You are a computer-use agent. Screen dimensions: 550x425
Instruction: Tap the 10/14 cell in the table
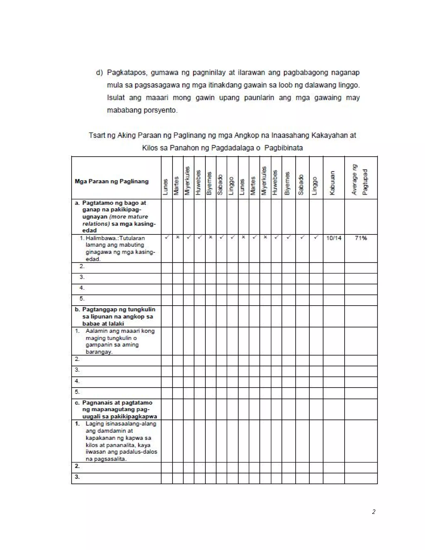(x=334, y=238)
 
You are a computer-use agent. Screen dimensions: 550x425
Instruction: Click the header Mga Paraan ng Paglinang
(x=111, y=181)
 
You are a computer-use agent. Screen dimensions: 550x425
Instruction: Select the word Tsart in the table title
(x=97, y=135)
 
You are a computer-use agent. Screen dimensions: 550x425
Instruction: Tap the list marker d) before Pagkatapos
(x=99, y=72)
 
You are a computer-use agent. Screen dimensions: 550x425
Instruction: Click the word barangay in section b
(x=99, y=352)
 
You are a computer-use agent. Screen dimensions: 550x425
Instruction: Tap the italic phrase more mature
(x=128, y=217)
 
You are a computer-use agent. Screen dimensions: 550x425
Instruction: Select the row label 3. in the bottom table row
(x=77, y=477)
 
